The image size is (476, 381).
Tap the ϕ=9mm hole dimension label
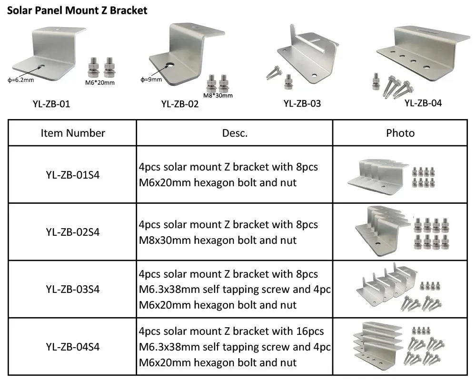pos(151,79)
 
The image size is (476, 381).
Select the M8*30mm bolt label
pos(218,95)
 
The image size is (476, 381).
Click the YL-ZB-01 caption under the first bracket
pos(49,103)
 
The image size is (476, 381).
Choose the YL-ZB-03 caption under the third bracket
pos(302,103)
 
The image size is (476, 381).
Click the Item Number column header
pos(73,133)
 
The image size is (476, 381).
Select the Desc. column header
pos(235,133)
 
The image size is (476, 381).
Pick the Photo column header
pos(400,133)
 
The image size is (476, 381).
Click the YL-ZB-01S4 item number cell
pos(73,174)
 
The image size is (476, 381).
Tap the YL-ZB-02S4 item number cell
pos(73,232)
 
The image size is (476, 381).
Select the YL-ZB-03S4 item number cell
pos(73,289)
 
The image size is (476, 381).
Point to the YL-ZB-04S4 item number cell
pos(73,347)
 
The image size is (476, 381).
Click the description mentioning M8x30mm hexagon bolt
pos(228,232)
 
